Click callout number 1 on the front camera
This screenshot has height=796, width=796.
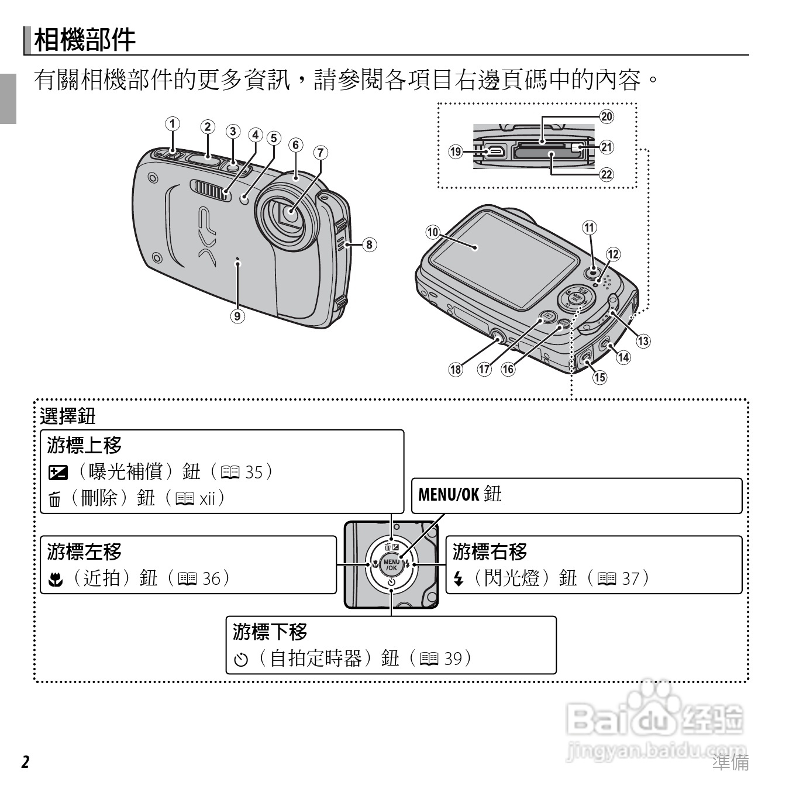(172, 124)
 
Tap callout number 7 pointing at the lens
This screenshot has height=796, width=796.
(321, 153)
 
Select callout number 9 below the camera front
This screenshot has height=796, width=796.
(237, 316)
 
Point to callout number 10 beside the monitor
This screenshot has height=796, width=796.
(432, 232)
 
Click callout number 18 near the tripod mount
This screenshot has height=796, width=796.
(456, 369)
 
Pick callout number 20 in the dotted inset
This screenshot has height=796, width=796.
(607, 116)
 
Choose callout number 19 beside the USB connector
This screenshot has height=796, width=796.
(456, 152)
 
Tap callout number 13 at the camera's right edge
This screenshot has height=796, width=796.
(643, 341)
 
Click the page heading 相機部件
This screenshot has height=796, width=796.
(85, 40)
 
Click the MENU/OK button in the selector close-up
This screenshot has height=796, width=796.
(391, 565)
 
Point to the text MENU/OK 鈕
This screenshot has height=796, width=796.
(460, 494)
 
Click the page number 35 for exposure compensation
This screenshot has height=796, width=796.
(254, 471)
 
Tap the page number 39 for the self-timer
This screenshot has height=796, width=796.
(453, 658)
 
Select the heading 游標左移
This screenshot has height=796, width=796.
(84, 551)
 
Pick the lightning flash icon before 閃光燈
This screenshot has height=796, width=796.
(459, 580)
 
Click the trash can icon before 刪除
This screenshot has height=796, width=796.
(54, 500)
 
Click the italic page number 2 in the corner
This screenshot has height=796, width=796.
(25, 762)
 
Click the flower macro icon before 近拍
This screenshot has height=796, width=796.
(54, 580)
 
